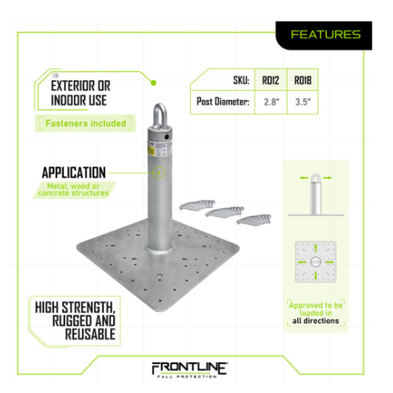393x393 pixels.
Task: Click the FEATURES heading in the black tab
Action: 325,35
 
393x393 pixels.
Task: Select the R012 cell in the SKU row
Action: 270,80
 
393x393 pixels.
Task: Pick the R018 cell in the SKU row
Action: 303,80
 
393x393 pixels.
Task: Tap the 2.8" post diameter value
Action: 272,102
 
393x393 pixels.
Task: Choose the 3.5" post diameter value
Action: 303,102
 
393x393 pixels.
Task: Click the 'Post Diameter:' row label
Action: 223,101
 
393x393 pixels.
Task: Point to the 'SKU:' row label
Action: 241,80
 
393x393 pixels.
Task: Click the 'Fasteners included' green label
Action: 86,123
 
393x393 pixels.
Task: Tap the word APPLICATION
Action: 74,173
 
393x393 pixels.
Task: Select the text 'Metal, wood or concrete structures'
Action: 73,189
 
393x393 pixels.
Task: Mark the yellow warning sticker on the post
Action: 151,149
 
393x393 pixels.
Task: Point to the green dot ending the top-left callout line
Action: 153,83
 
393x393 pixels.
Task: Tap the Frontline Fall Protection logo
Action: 190,370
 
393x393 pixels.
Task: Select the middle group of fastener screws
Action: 225,211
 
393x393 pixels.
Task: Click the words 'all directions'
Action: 316,321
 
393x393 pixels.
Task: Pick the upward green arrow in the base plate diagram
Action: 316,248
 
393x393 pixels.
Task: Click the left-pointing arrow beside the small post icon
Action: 304,178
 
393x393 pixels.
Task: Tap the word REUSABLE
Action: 90,334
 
